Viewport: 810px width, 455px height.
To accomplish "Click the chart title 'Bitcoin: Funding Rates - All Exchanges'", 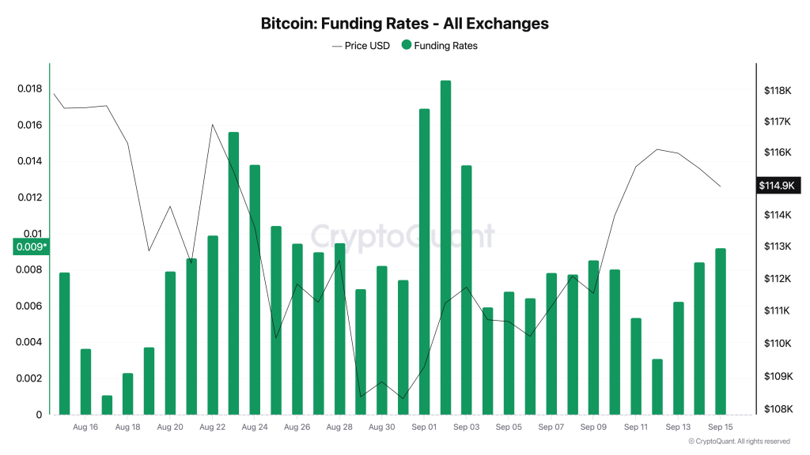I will click(x=404, y=24).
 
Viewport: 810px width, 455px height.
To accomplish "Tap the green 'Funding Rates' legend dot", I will click(x=407, y=46).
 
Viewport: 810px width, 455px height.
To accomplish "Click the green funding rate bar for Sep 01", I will click(x=424, y=261).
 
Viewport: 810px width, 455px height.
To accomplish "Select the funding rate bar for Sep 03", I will click(x=467, y=289).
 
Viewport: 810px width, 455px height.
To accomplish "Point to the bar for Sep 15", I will click(x=721, y=331).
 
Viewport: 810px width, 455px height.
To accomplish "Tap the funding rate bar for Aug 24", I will click(x=255, y=289).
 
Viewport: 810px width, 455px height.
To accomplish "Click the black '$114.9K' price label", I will click(x=778, y=186).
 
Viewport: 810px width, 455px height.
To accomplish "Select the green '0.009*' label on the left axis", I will click(x=31, y=247).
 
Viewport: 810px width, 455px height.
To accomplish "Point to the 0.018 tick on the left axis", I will click(x=29, y=89).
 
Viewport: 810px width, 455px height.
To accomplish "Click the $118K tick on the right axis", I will click(x=778, y=91).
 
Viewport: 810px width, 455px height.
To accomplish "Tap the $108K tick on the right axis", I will click(x=778, y=409).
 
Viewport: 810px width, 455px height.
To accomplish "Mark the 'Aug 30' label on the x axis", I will click(x=381, y=427).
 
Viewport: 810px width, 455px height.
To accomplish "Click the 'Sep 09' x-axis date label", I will click(x=593, y=427).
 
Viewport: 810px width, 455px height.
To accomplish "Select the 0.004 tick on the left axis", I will click(x=29, y=343).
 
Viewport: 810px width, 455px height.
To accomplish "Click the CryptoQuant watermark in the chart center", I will click(x=403, y=235).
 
